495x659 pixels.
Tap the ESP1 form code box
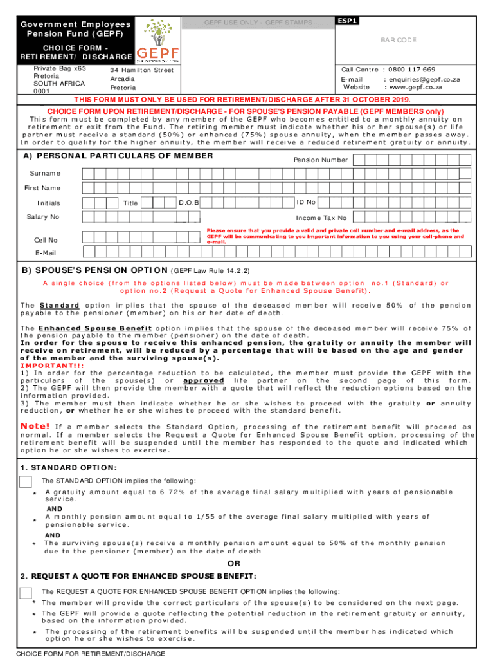[x=348, y=21]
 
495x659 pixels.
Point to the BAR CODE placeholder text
[x=399, y=40]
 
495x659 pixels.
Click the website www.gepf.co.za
[x=413, y=87]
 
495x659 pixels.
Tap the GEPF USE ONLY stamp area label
[x=258, y=23]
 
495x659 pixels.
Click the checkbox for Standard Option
[x=26, y=482]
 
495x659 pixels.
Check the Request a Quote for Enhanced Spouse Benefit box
[x=26, y=593]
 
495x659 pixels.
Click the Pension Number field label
[x=321, y=160]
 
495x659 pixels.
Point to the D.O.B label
[x=189, y=203]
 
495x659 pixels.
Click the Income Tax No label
[x=321, y=218]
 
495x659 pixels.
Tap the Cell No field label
[x=46, y=240]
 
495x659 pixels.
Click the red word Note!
[x=35, y=426]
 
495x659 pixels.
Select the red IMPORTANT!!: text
[x=46, y=366]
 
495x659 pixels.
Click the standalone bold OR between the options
[x=235, y=565]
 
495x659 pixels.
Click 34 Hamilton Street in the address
[x=141, y=70]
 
